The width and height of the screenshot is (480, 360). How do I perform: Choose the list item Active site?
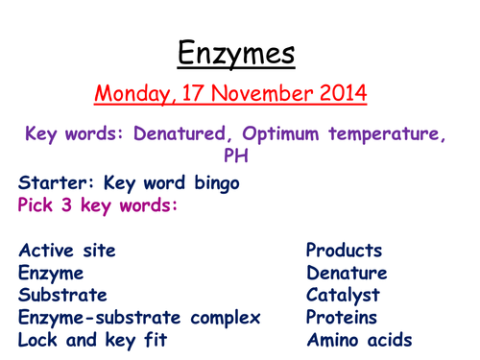click(x=67, y=252)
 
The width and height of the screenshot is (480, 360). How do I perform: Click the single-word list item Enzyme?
click(x=50, y=274)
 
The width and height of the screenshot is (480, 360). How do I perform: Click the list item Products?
click(x=344, y=252)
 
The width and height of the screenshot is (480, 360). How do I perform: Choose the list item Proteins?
click(x=342, y=318)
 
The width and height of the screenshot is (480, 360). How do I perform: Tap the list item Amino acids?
click(x=359, y=340)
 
